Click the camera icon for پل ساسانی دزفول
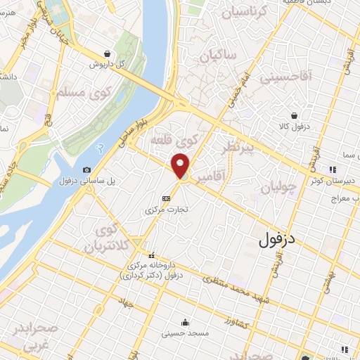(86, 169)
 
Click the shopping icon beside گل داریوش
(106, 53)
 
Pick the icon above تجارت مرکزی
(166, 198)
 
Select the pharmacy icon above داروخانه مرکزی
(150, 255)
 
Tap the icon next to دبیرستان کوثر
(333, 169)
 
